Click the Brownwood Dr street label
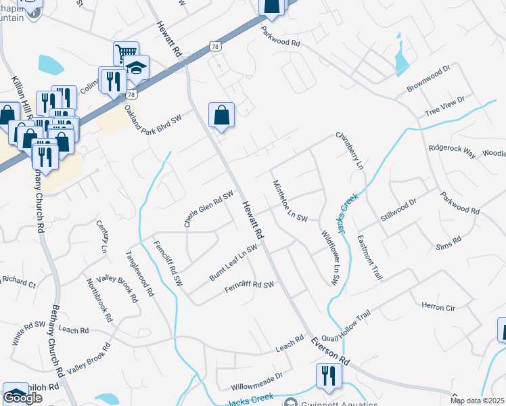coord(428,79)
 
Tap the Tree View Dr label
coord(443,108)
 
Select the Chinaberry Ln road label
coord(350,150)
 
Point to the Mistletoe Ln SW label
coord(290,201)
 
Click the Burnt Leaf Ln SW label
coord(233,263)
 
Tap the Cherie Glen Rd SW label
coord(208,208)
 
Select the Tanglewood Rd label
coord(140,275)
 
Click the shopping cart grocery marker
coord(126,52)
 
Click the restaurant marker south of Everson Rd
coord(328,376)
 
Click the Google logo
coord(23,398)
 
